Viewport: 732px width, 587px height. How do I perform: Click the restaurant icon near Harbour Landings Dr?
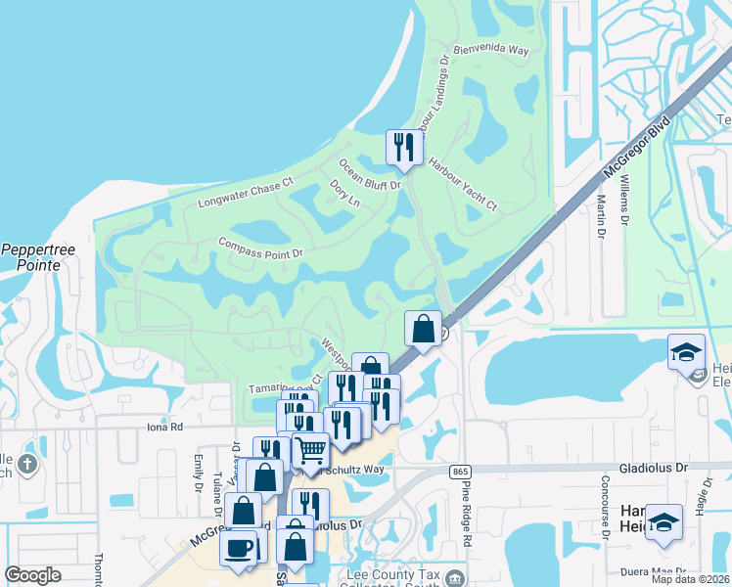tap(403, 148)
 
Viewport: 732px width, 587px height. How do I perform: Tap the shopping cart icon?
tap(310, 451)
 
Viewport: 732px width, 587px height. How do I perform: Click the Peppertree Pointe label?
tap(38, 257)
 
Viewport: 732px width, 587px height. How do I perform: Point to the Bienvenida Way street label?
tap(493, 48)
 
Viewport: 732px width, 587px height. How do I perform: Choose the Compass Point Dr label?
tap(261, 247)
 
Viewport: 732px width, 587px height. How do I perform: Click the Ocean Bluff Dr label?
tap(370, 174)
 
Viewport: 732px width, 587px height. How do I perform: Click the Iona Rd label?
tap(163, 427)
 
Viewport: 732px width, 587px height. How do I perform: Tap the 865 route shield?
tap(460, 472)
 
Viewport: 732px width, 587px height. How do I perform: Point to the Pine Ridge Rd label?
tap(468, 519)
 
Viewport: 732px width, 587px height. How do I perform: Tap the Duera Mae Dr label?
tap(670, 569)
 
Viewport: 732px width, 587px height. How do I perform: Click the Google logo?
tap(32, 575)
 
